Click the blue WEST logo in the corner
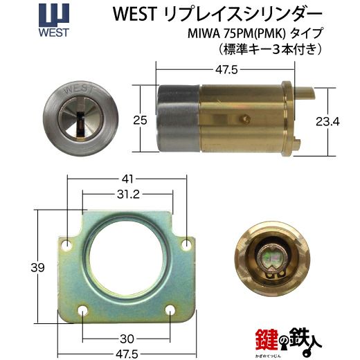(54, 20)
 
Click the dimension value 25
(140, 120)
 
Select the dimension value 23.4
(327, 121)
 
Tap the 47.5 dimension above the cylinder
(226, 70)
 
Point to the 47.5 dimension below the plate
(127, 354)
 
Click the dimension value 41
(127, 179)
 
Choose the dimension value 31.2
(128, 195)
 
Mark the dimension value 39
(37, 268)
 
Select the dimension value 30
(127, 339)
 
